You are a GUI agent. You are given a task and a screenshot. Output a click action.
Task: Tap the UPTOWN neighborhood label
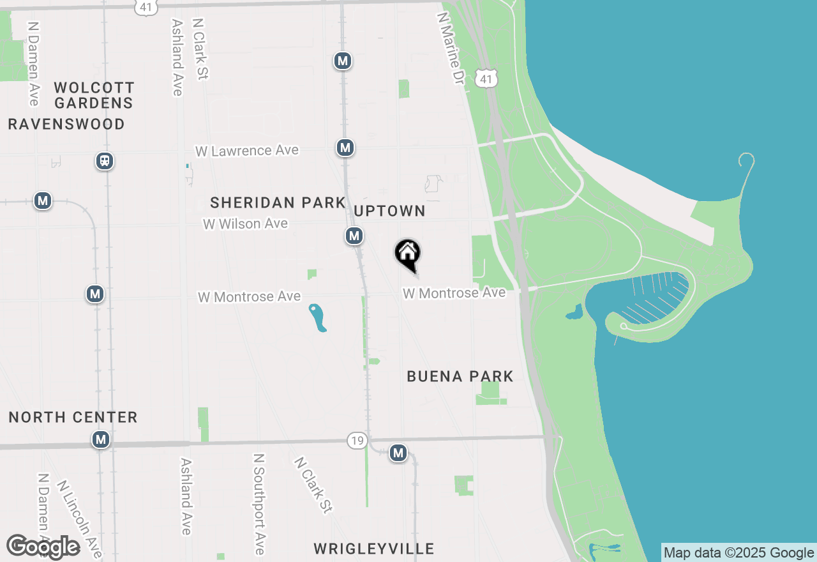[389, 211]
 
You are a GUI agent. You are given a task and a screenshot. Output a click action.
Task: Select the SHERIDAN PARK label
[278, 202]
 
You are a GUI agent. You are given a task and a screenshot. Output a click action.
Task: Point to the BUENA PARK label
[460, 376]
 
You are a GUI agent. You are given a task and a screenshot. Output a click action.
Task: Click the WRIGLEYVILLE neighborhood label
[374, 549]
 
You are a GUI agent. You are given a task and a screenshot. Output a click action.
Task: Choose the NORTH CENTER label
[73, 417]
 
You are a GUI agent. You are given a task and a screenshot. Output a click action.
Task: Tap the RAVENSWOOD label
[66, 124]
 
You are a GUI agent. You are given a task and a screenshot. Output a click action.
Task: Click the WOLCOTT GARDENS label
[94, 95]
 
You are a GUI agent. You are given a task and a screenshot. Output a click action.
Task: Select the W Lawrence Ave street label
[247, 151]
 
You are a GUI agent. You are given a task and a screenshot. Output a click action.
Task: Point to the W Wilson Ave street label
[245, 224]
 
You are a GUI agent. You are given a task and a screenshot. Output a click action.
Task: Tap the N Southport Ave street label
[259, 504]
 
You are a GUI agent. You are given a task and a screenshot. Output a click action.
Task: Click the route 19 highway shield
[357, 440]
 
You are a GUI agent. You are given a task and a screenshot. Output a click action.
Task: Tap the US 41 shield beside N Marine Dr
[486, 78]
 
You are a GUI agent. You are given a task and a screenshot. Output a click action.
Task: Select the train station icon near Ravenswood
[105, 161]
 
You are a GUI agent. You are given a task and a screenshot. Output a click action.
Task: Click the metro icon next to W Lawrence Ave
[345, 148]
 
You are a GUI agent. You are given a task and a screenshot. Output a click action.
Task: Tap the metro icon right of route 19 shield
[398, 453]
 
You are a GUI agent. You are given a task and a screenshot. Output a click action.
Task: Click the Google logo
[43, 547]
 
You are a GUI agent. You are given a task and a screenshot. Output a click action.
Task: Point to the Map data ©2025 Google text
[738, 552]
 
